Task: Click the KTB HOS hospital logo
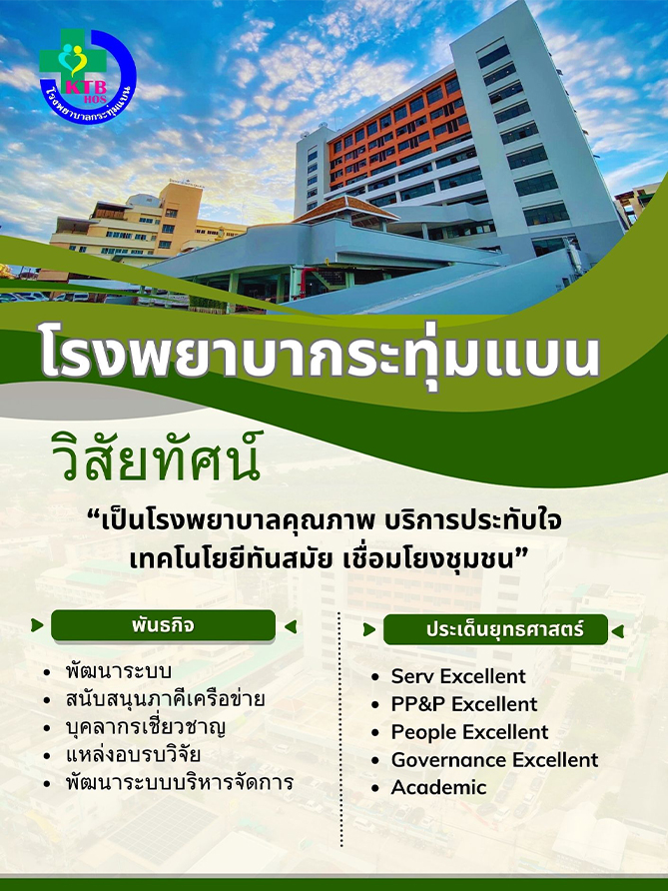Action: point(88,76)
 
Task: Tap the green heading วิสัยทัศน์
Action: point(156,455)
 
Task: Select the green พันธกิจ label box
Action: point(163,625)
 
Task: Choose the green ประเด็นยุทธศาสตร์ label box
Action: point(495,629)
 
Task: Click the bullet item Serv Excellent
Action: point(458,676)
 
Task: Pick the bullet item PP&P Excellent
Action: point(463,704)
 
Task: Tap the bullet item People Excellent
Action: point(469,732)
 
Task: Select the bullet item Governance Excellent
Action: point(494,760)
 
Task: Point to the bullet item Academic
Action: point(438,787)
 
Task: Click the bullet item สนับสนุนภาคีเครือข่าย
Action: point(165,699)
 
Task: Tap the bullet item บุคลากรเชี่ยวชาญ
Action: point(146,727)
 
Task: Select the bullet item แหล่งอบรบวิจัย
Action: point(133,754)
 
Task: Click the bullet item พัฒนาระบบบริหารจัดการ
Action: point(180,782)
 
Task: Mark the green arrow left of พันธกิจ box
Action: point(38,625)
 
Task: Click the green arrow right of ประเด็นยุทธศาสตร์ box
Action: point(618,630)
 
